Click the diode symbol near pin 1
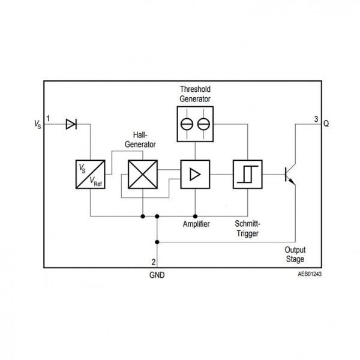coord(71,124)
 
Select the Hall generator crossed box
coord(143,174)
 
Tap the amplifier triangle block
coord(195,174)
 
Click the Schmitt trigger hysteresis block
coord(248,174)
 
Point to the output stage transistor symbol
coord(290,175)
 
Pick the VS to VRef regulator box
coord(91,174)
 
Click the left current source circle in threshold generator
coord(187,124)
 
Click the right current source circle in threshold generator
coord(203,124)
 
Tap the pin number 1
coord(48,119)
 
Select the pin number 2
coord(154,262)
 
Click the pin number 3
coord(316,119)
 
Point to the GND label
coord(157,275)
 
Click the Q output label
coord(326,124)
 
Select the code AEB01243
coord(310,274)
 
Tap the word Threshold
coord(195,89)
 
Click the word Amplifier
coord(196,224)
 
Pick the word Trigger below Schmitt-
coord(247,233)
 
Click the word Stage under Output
coord(295,259)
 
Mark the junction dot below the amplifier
coord(195,216)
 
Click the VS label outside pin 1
coord(37,124)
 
